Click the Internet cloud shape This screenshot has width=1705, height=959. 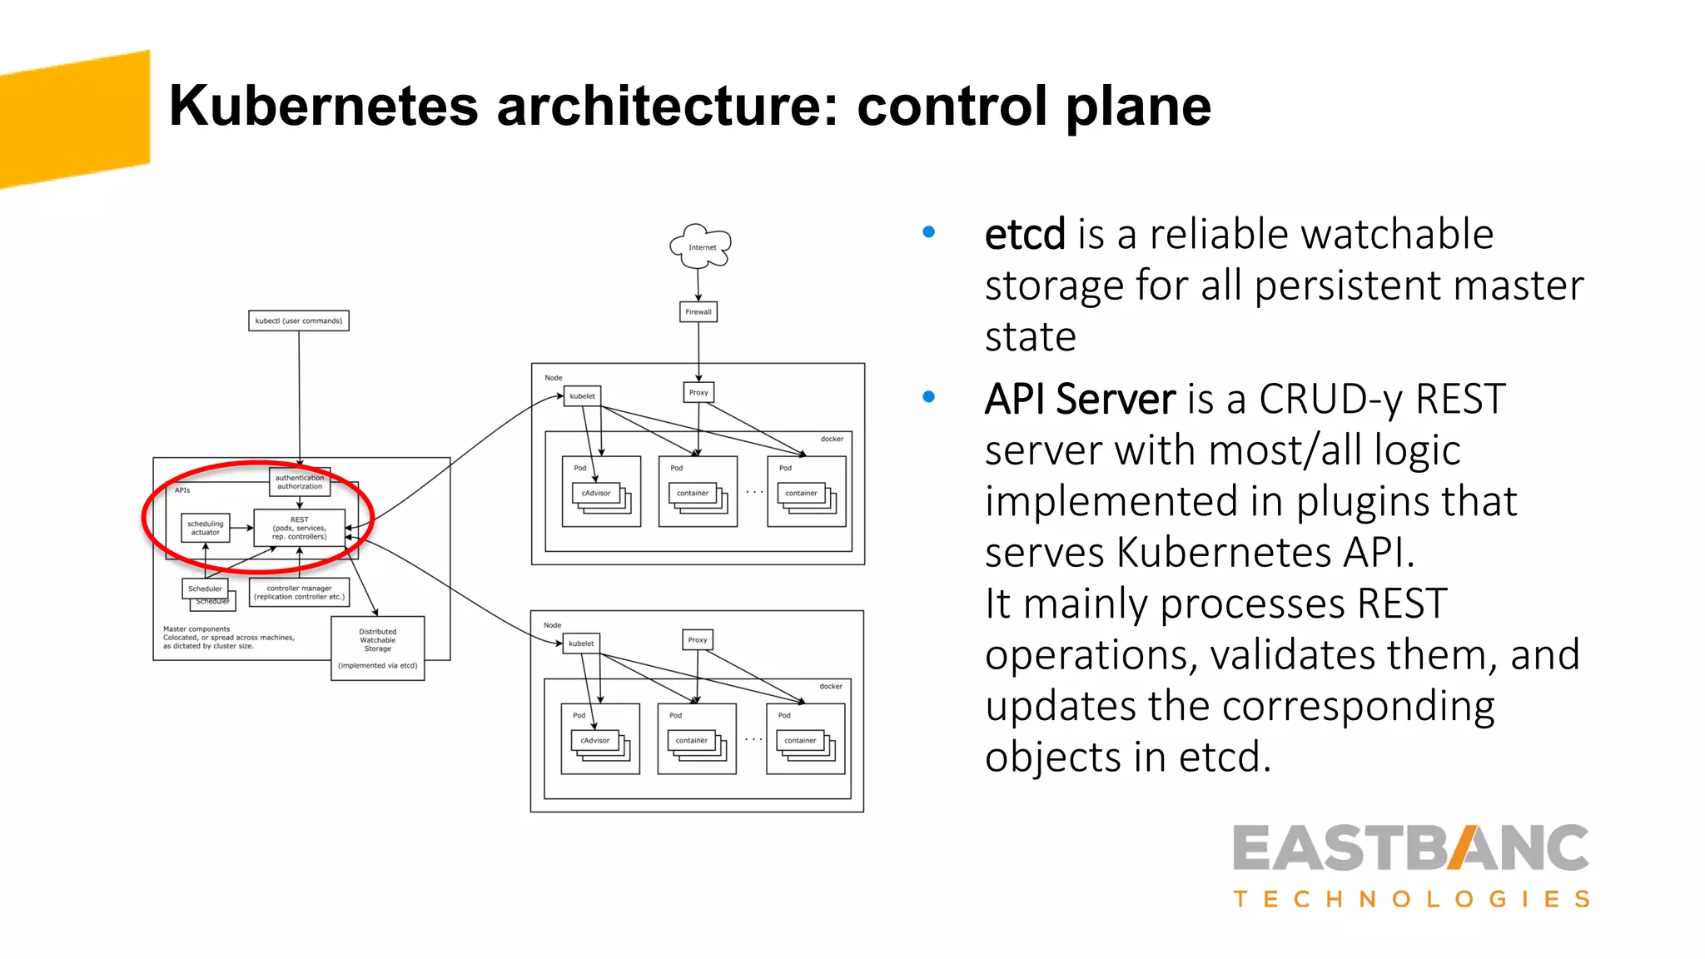(x=701, y=246)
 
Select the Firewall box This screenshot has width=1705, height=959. (x=698, y=312)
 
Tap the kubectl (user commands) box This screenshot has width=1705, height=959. (x=299, y=320)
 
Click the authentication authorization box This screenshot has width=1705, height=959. (x=300, y=482)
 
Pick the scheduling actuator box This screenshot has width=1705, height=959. (x=206, y=528)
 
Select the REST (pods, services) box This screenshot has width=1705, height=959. (x=299, y=528)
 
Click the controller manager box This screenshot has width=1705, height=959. (x=299, y=592)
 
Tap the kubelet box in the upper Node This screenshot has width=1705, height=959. (x=582, y=396)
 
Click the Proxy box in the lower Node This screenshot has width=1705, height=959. (x=698, y=639)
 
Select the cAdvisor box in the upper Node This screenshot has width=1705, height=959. (x=596, y=493)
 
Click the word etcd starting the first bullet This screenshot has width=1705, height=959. (x=1025, y=235)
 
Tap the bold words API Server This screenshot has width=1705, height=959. (x=1080, y=400)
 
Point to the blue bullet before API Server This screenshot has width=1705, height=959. (x=929, y=397)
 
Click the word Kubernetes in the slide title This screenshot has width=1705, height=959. (x=324, y=106)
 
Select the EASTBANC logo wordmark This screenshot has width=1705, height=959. (x=1410, y=848)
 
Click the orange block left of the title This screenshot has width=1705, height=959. (x=75, y=119)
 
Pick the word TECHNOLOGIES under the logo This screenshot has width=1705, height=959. (x=1411, y=899)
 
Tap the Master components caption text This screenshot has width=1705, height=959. (x=228, y=637)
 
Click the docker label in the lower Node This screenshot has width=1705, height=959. (x=830, y=686)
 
